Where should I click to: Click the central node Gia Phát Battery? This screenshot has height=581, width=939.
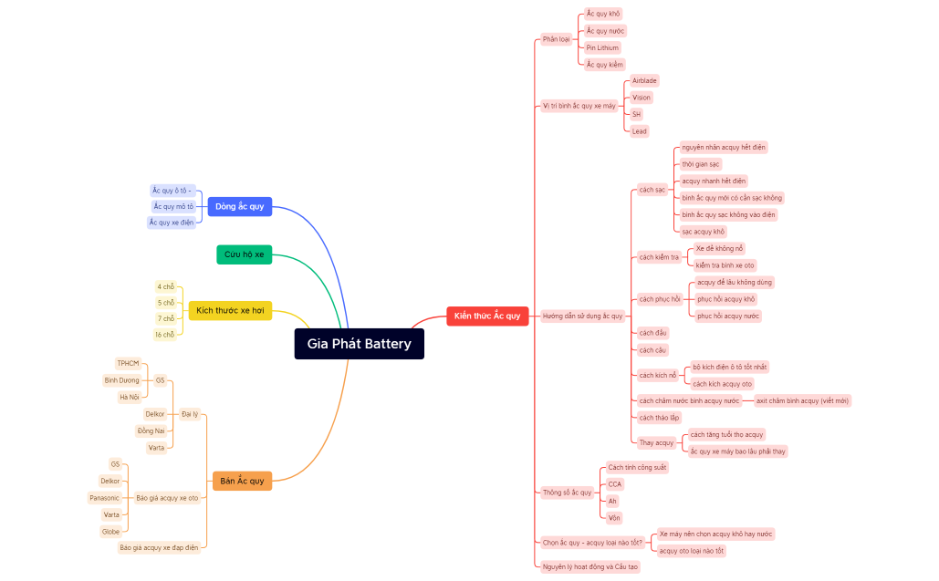pyautogui.click(x=359, y=344)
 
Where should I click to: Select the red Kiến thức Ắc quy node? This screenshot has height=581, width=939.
pyautogui.click(x=487, y=316)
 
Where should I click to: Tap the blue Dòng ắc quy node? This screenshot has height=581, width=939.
pyautogui.click(x=239, y=206)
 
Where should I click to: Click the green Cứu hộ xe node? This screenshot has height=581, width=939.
pyautogui.click(x=244, y=254)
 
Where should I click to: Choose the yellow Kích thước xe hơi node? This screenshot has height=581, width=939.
pyautogui.click(x=230, y=311)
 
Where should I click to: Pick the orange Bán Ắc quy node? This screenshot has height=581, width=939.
pyautogui.click(x=242, y=481)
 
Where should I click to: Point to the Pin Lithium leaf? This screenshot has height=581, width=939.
pyautogui.click(x=602, y=47)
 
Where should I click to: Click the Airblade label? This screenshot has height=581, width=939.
pyautogui.click(x=644, y=80)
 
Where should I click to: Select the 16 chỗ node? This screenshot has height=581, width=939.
pyautogui.click(x=164, y=335)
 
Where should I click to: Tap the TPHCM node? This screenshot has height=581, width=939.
pyautogui.click(x=128, y=363)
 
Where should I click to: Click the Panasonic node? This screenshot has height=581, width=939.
pyautogui.click(x=104, y=498)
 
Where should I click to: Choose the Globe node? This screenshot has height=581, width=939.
pyautogui.click(x=110, y=532)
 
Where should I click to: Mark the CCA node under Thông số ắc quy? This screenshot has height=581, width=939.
pyautogui.click(x=615, y=484)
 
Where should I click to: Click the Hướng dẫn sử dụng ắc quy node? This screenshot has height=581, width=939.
pyautogui.click(x=582, y=316)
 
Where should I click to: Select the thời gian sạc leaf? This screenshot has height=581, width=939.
pyautogui.click(x=701, y=164)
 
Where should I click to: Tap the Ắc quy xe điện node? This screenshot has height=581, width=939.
pyautogui.click(x=172, y=223)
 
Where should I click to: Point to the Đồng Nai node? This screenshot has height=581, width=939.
pyautogui.click(x=151, y=431)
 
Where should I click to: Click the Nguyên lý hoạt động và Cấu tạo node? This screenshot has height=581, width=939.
pyautogui.click(x=590, y=566)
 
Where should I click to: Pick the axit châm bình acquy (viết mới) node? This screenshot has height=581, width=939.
pyautogui.click(x=801, y=400)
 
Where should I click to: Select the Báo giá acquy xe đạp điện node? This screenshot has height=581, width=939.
pyautogui.click(x=159, y=548)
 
